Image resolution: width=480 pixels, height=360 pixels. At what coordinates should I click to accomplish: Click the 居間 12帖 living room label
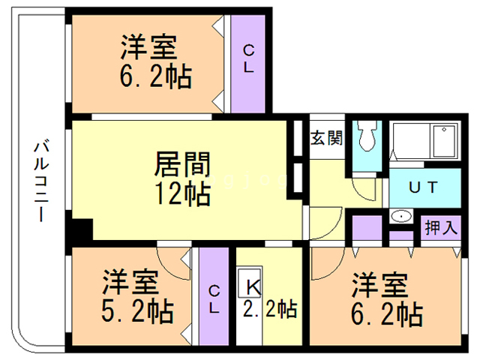(182, 178)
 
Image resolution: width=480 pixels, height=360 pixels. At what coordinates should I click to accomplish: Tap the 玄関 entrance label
(327, 139)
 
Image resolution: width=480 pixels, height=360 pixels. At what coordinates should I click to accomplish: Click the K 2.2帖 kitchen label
(268, 298)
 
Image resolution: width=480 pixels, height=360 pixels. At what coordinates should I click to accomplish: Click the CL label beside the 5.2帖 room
(214, 298)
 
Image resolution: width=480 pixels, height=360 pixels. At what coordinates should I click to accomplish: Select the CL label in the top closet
(249, 58)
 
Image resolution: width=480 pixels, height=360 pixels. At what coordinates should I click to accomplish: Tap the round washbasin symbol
(401, 217)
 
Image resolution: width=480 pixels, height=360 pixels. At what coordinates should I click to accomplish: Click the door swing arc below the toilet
(363, 187)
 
